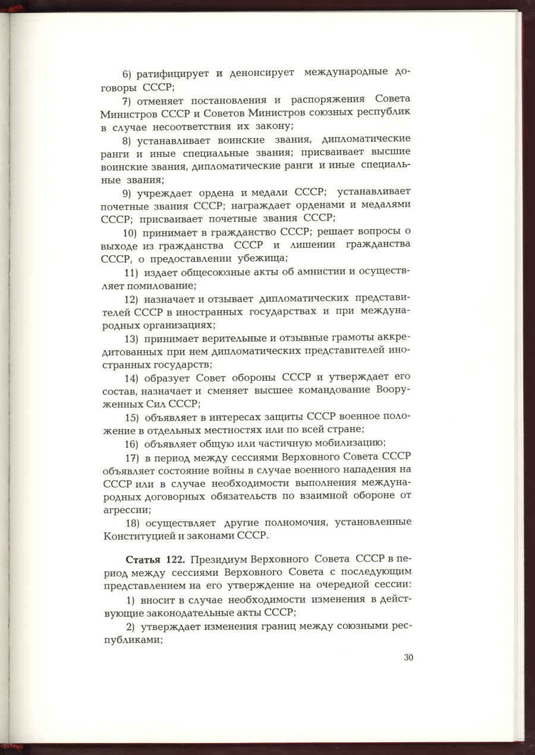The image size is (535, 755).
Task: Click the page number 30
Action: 408,657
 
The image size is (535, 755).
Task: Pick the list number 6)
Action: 128,74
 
